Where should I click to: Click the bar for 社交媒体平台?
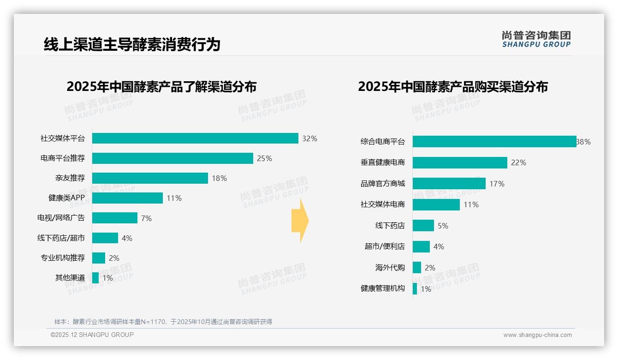click(x=195, y=138)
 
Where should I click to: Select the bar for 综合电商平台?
click(x=494, y=142)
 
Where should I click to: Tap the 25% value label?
click(x=264, y=158)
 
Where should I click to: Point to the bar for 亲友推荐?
click(x=150, y=178)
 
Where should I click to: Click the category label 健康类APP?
click(x=66, y=198)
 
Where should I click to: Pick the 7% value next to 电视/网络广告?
click(x=146, y=218)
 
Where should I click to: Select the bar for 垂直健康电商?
click(x=460, y=162)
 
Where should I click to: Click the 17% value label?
click(x=497, y=184)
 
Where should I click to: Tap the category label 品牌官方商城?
click(x=382, y=184)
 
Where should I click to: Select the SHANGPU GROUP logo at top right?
click(x=536, y=39)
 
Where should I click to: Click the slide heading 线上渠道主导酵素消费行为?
click(x=132, y=44)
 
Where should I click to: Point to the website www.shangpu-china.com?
click(x=537, y=335)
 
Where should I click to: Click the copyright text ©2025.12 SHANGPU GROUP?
click(x=92, y=335)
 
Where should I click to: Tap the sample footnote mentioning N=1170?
click(x=163, y=322)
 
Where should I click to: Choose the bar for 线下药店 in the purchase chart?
click(x=423, y=226)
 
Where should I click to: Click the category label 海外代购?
click(x=390, y=268)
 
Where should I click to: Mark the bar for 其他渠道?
click(x=95, y=278)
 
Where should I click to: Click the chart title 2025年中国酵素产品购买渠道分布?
click(x=452, y=87)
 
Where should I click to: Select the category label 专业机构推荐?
click(x=63, y=258)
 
